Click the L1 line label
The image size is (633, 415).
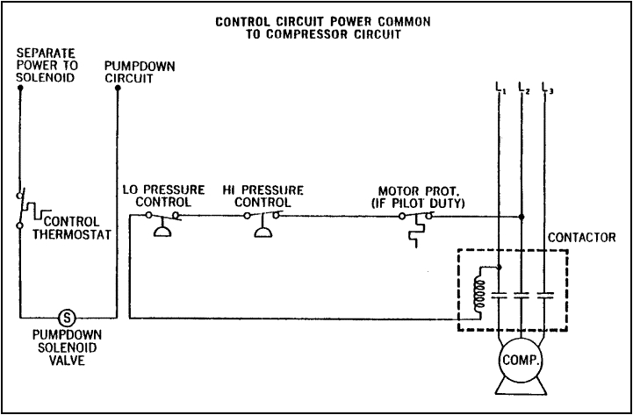pos(500,87)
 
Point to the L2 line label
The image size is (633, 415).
pos(524,87)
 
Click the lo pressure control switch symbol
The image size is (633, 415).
pos(162,220)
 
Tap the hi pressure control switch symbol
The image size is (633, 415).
pos(263,220)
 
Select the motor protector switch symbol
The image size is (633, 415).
pos(415,224)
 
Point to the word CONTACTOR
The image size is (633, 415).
pos(576,238)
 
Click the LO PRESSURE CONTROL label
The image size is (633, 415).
pos(165,196)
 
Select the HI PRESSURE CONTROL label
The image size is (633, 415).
pos(263,196)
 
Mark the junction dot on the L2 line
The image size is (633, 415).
pos(522,216)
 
